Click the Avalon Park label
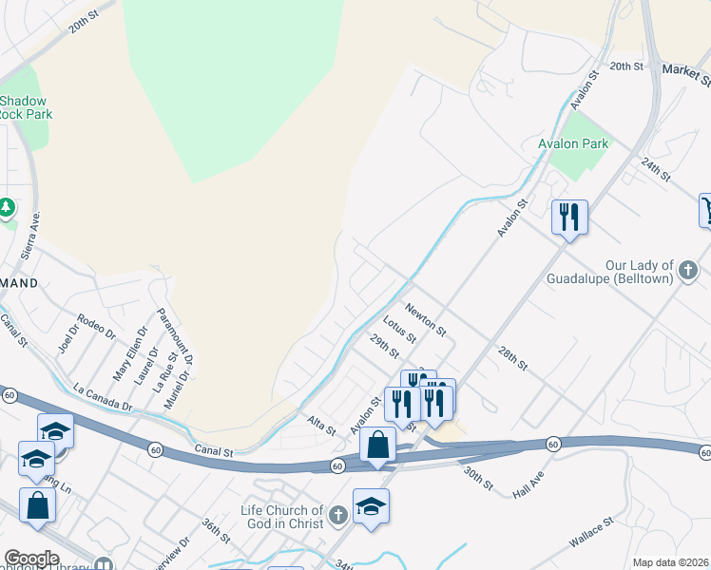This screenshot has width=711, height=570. (x=572, y=143)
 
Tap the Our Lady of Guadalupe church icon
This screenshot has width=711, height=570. (x=689, y=273)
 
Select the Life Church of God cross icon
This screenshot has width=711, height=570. (x=337, y=517)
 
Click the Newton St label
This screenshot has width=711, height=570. (x=425, y=319)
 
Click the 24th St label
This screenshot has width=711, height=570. (x=656, y=170)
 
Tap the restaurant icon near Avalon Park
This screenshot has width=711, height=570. (x=569, y=217)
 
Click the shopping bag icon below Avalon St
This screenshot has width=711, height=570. (x=377, y=445)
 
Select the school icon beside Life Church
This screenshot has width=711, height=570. (x=371, y=506)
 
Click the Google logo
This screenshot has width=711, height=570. (x=31, y=559)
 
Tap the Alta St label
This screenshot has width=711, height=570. (x=321, y=425)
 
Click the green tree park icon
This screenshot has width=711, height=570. (x=7, y=207)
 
